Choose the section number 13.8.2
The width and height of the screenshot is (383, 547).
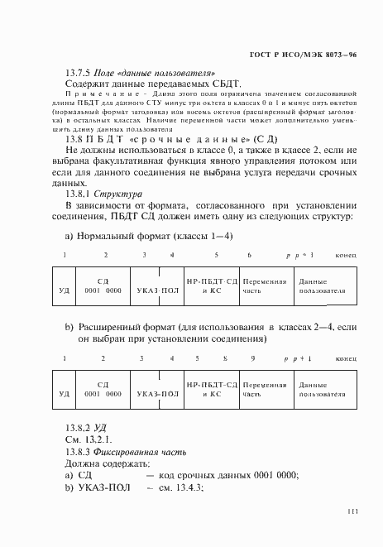click(x=81, y=427)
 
